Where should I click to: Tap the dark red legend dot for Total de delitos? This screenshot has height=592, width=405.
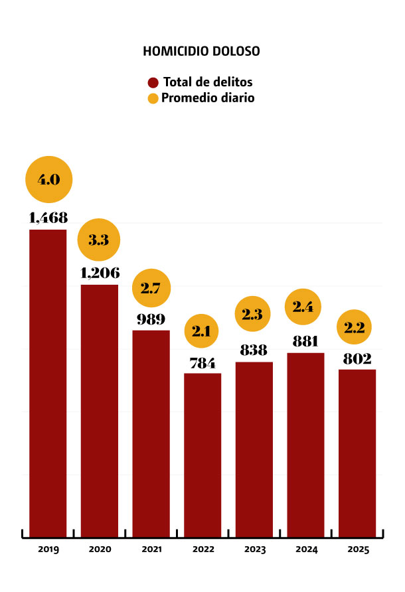tap(153, 83)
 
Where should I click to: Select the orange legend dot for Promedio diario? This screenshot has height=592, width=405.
tap(153, 99)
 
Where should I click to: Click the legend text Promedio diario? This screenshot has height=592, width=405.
tap(208, 98)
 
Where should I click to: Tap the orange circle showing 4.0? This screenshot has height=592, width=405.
tap(48, 179)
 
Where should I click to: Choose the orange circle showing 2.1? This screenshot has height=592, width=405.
tap(202, 331)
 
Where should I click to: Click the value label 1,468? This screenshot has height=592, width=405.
tap(48, 217)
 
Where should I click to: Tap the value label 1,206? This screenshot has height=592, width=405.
tap(100, 273)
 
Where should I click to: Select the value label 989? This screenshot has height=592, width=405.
tap(151, 319)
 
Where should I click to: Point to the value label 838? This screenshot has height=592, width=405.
tap(254, 350)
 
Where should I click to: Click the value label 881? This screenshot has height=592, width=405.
tap(305, 342)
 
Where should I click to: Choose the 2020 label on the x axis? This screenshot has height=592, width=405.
tap(100, 550)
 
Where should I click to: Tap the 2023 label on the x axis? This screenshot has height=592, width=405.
tap(254, 550)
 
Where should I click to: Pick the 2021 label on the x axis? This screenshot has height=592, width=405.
tap(151, 550)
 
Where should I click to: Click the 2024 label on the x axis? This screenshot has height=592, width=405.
tap(305, 550)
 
